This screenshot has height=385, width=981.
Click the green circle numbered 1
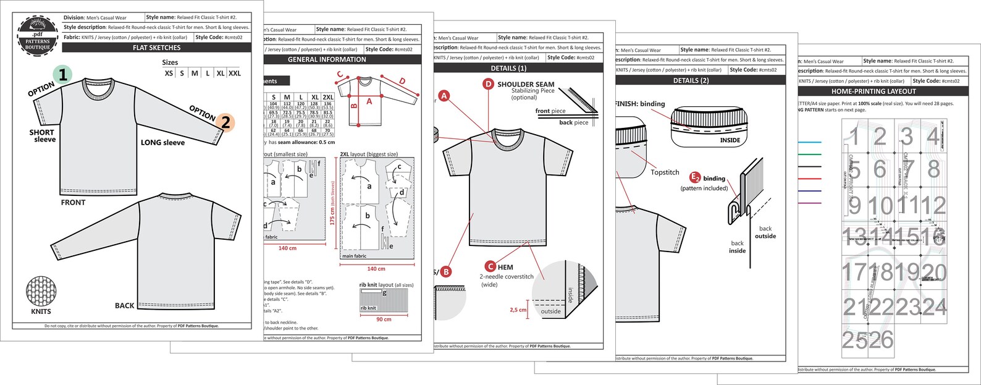pos(62,75)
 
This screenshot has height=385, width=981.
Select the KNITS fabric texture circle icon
pos(41,290)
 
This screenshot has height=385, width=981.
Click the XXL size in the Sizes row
pos(235,73)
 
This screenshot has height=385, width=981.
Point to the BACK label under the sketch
pos(124,305)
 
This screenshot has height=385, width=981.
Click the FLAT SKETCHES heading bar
pos(157,48)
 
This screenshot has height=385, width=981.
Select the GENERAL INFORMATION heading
pos(327,60)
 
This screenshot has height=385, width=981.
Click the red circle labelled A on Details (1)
pos(444,96)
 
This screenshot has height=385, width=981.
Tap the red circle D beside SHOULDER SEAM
pos(488,84)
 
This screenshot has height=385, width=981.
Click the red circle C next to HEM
pos(490,267)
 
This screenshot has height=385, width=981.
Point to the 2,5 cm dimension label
pos(518,310)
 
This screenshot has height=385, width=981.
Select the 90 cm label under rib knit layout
pos(384,319)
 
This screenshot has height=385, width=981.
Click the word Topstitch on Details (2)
pos(665,172)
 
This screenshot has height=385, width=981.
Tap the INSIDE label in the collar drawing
pos(730,140)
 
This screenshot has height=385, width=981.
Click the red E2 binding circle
pos(695,178)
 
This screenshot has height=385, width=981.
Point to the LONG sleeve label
pos(162,142)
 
